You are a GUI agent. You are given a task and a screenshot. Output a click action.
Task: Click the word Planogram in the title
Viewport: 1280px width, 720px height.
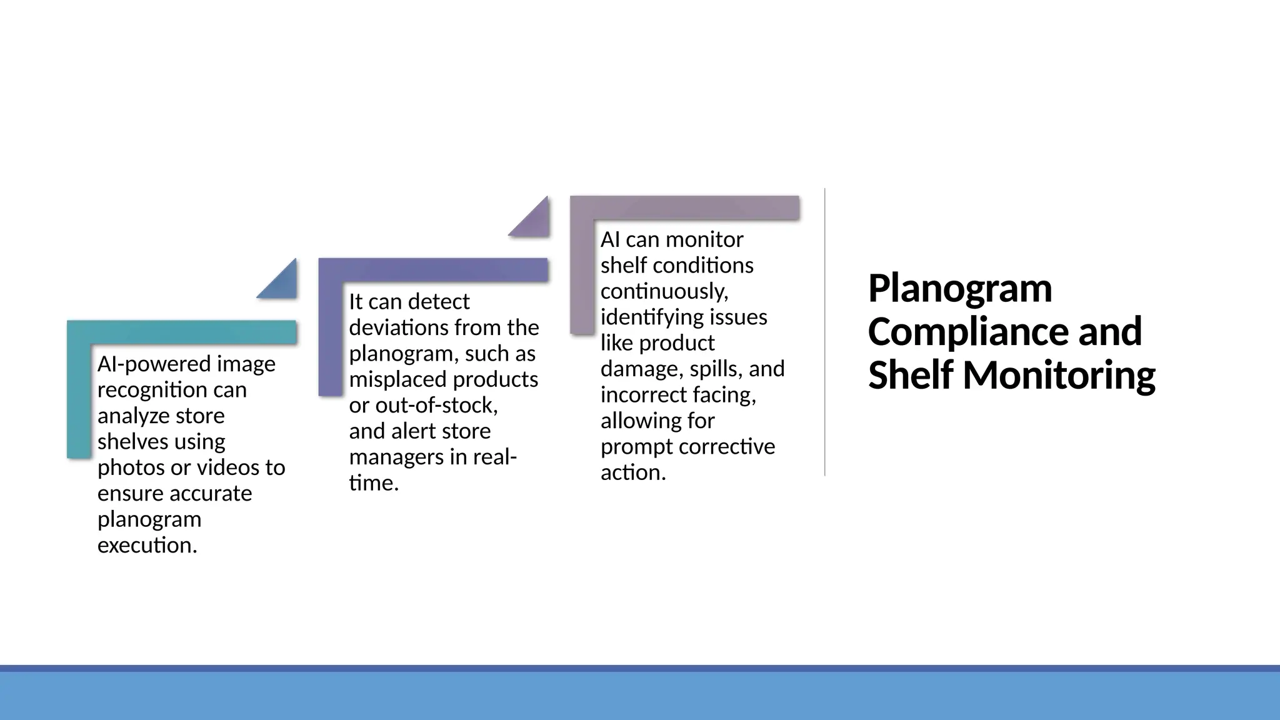[x=959, y=289]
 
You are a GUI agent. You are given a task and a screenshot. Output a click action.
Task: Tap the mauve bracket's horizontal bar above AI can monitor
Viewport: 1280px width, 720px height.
[x=684, y=207]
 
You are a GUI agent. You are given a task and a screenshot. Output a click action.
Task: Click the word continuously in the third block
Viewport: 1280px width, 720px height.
[x=663, y=291]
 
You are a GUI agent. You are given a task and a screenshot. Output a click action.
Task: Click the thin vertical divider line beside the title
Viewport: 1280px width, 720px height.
[x=825, y=331]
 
